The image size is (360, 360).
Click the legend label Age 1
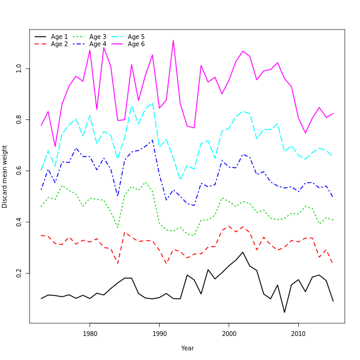click(x=59, y=37)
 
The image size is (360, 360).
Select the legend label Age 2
click(x=59, y=44)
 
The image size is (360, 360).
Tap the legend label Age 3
click(x=98, y=37)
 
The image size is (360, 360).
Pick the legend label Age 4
click(x=98, y=44)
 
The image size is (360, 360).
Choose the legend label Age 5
click(x=136, y=37)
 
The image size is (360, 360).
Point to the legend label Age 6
click(x=136, y=44)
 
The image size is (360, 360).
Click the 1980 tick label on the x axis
click(x=90, y=334)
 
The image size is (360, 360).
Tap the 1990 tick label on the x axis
click(x=160, y=334)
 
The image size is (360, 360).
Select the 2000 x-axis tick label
click(x=229, y=334)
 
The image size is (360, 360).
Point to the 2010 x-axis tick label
click(x=298, y=334)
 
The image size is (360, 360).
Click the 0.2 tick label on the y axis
click(x=19, y=273)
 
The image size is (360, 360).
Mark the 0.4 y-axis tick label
click(x=19, y=222)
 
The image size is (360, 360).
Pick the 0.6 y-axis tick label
click(x=19, y=171)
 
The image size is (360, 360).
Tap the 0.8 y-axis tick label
click(x=19, y=119)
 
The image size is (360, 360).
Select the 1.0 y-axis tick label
click(x=19, y=68)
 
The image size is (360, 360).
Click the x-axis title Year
click(x=187, y=348)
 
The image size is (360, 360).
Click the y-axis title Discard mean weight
click(x=5, y=176)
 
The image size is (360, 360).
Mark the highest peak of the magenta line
click(x=173, y=40)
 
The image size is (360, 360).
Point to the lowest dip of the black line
click(x=284, y=312)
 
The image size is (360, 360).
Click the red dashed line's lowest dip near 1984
click(x=118, y=263)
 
